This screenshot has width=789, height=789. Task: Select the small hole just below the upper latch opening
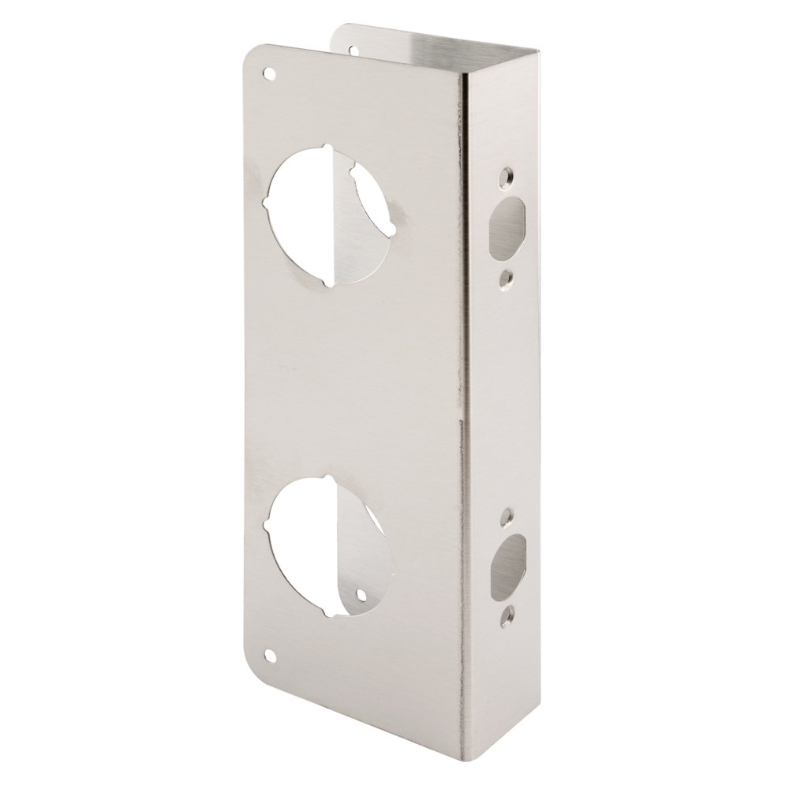click(506, 278)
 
